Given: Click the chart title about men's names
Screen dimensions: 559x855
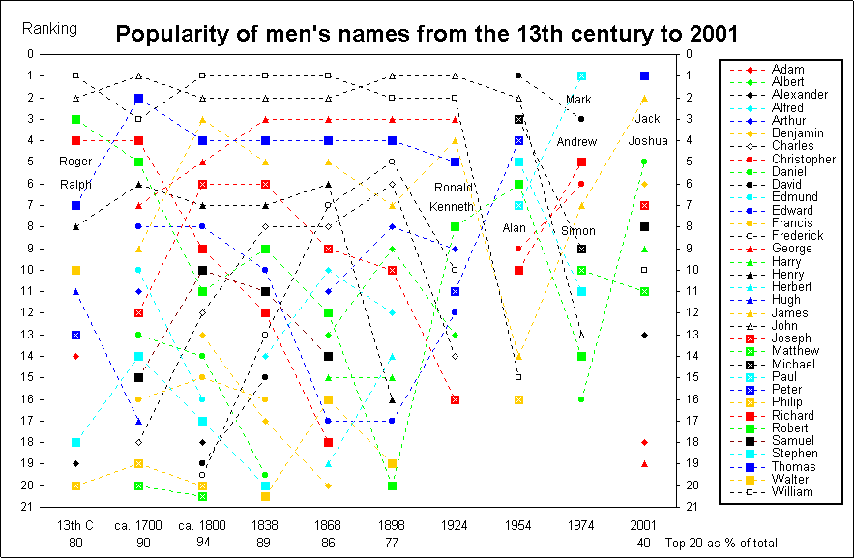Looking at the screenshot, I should tap(427, 35).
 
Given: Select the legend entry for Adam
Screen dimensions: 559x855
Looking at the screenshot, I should tap(785, 70).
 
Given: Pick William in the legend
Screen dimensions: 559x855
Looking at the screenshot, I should tap(790, 491).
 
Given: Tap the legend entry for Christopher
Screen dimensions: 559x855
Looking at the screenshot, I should tap(802, 159).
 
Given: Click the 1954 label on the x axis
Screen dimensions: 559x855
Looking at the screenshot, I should tap(518, 524).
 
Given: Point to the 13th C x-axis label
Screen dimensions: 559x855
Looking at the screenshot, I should tap(75, 524).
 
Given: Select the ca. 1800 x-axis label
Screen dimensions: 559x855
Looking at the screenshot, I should tap(201, 524).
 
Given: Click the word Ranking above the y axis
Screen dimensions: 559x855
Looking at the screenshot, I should tap(49, 28).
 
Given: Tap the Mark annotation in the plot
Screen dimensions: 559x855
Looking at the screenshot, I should tap(578, 100).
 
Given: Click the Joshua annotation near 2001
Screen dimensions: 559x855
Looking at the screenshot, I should tap(648, 141).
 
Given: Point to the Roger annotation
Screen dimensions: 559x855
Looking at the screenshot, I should tap(75, 162).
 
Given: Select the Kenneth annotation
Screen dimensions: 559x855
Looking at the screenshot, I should tap(452, 207).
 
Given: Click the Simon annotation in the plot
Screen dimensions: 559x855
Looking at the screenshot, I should tap(578, 231).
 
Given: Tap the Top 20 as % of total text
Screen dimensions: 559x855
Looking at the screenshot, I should tap(722, 544).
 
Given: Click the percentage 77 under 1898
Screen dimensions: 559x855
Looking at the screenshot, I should tap(392, 544).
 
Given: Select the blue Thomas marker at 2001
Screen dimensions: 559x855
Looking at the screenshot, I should tap(644, 75).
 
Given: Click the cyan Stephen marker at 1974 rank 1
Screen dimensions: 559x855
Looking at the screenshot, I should tap(581, 75).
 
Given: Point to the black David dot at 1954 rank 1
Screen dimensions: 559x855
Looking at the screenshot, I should tap(518, 75).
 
